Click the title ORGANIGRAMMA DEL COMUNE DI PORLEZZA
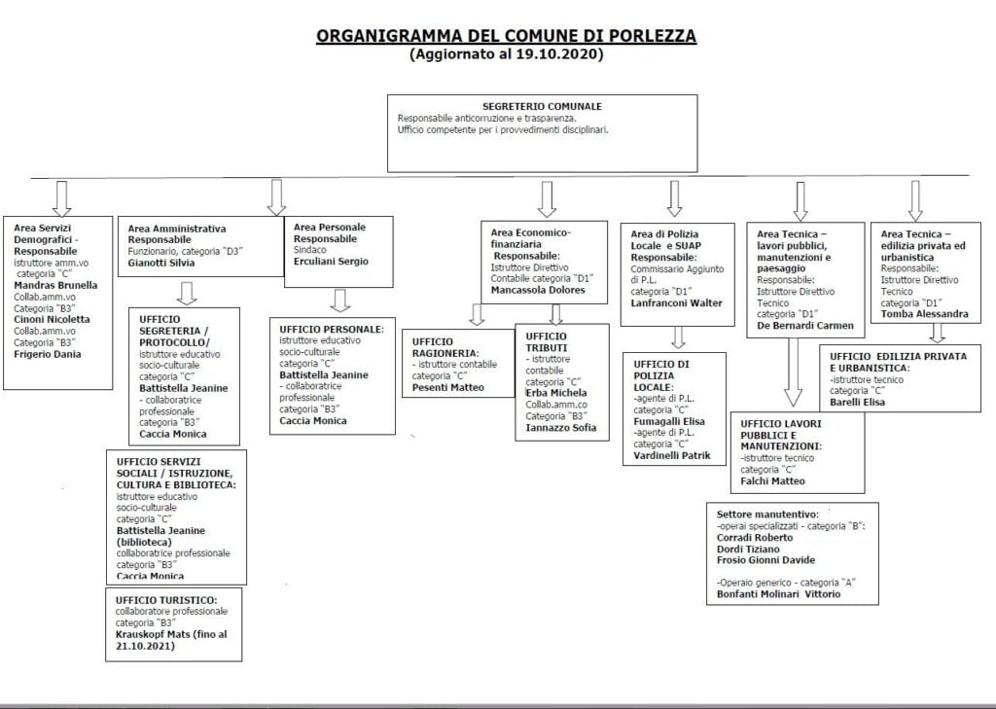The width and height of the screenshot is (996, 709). pyautogui.click(x=506, y=36)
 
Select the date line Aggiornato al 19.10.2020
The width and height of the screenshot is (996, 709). pyautogui.click(x=506, y=55)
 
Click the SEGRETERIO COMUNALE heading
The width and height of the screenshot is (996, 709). pyautogui.click(x=542, y=106)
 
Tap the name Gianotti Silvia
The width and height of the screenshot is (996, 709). pyautogui.click(x=161, y=263)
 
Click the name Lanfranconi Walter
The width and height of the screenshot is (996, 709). pyautogui.click(x=677, y=302)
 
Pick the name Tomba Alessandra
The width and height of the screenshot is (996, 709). pyautogui.click(x=924, y=313)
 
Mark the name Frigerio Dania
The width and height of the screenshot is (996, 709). pyautogui.click(x=49, y=354)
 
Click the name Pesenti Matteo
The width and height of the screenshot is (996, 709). pyautogui.click(x=448, y=388)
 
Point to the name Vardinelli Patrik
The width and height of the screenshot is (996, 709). pyautogui.click(x=672, y=455)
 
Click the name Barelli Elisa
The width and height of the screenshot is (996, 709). pyautogui.click(x=858, y=403)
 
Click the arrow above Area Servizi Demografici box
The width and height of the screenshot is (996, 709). pyautogui.click(x=61, y=197)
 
